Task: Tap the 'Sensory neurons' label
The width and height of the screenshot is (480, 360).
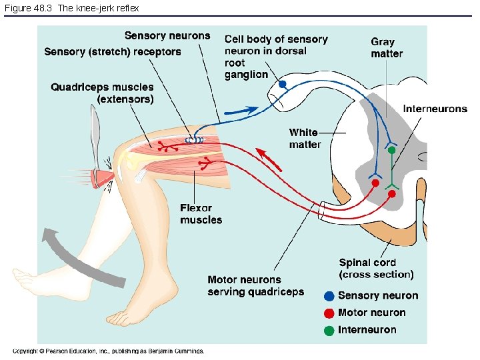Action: tap(167, 36)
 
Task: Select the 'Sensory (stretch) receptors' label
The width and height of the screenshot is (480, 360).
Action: tap(113, 52)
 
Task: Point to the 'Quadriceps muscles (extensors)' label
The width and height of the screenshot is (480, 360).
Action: tap(102, 93)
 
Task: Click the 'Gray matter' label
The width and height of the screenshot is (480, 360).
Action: tap(387, 47)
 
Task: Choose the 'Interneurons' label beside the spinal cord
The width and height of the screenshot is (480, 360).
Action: tap(435, 109)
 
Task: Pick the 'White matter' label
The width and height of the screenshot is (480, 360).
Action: tap(305, 139)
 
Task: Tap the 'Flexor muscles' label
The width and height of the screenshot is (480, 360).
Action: tap(201, 214)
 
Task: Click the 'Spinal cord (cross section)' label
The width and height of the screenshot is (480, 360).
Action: tap(376, 269)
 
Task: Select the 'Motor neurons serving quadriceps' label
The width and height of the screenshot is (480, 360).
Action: tap(255, 286)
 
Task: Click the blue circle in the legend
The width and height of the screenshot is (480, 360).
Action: tap(329, 296)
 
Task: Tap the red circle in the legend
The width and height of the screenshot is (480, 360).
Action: tap(329, 313)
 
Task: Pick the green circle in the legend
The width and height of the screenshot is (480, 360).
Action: tap(329, 330)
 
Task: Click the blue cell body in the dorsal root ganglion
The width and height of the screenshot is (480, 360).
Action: tap(283, 85)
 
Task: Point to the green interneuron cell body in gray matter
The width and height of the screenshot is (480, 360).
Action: tap(392, 151)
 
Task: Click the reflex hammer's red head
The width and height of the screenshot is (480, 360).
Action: tap(103, 177)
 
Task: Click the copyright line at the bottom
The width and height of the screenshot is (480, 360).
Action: tap(108, 351)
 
